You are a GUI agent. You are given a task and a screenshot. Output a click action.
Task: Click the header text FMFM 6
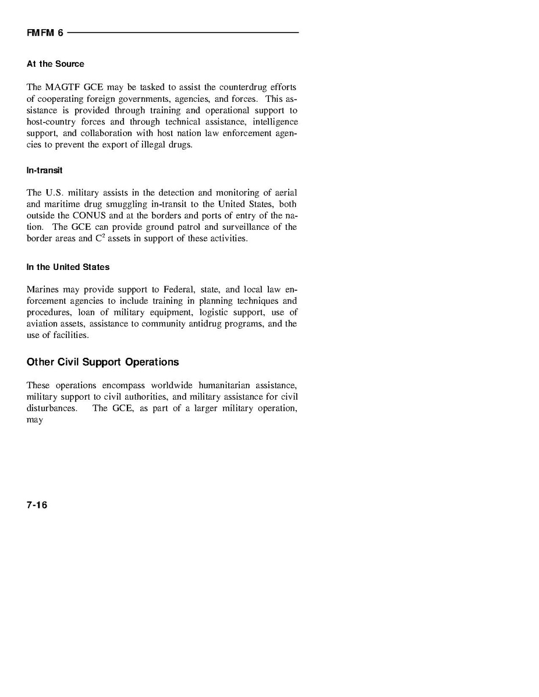click(x=45, y=33)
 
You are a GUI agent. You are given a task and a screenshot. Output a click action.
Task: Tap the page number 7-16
click(x=37, y=505)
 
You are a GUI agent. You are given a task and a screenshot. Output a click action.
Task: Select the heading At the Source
click(x=55, y=64)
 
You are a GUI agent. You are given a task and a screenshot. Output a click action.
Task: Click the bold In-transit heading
click(x=44, y=170)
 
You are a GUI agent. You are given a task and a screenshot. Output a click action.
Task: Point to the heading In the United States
click(x=68, y=267)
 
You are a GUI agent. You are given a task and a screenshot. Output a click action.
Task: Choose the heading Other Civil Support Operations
click(x=102, y=362)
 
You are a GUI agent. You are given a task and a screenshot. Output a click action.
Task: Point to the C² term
click(x=100, y=239)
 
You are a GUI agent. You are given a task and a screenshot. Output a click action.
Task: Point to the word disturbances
click(x=52, y=408)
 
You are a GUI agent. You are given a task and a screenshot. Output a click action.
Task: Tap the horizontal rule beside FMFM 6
click(x=183, y=33)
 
